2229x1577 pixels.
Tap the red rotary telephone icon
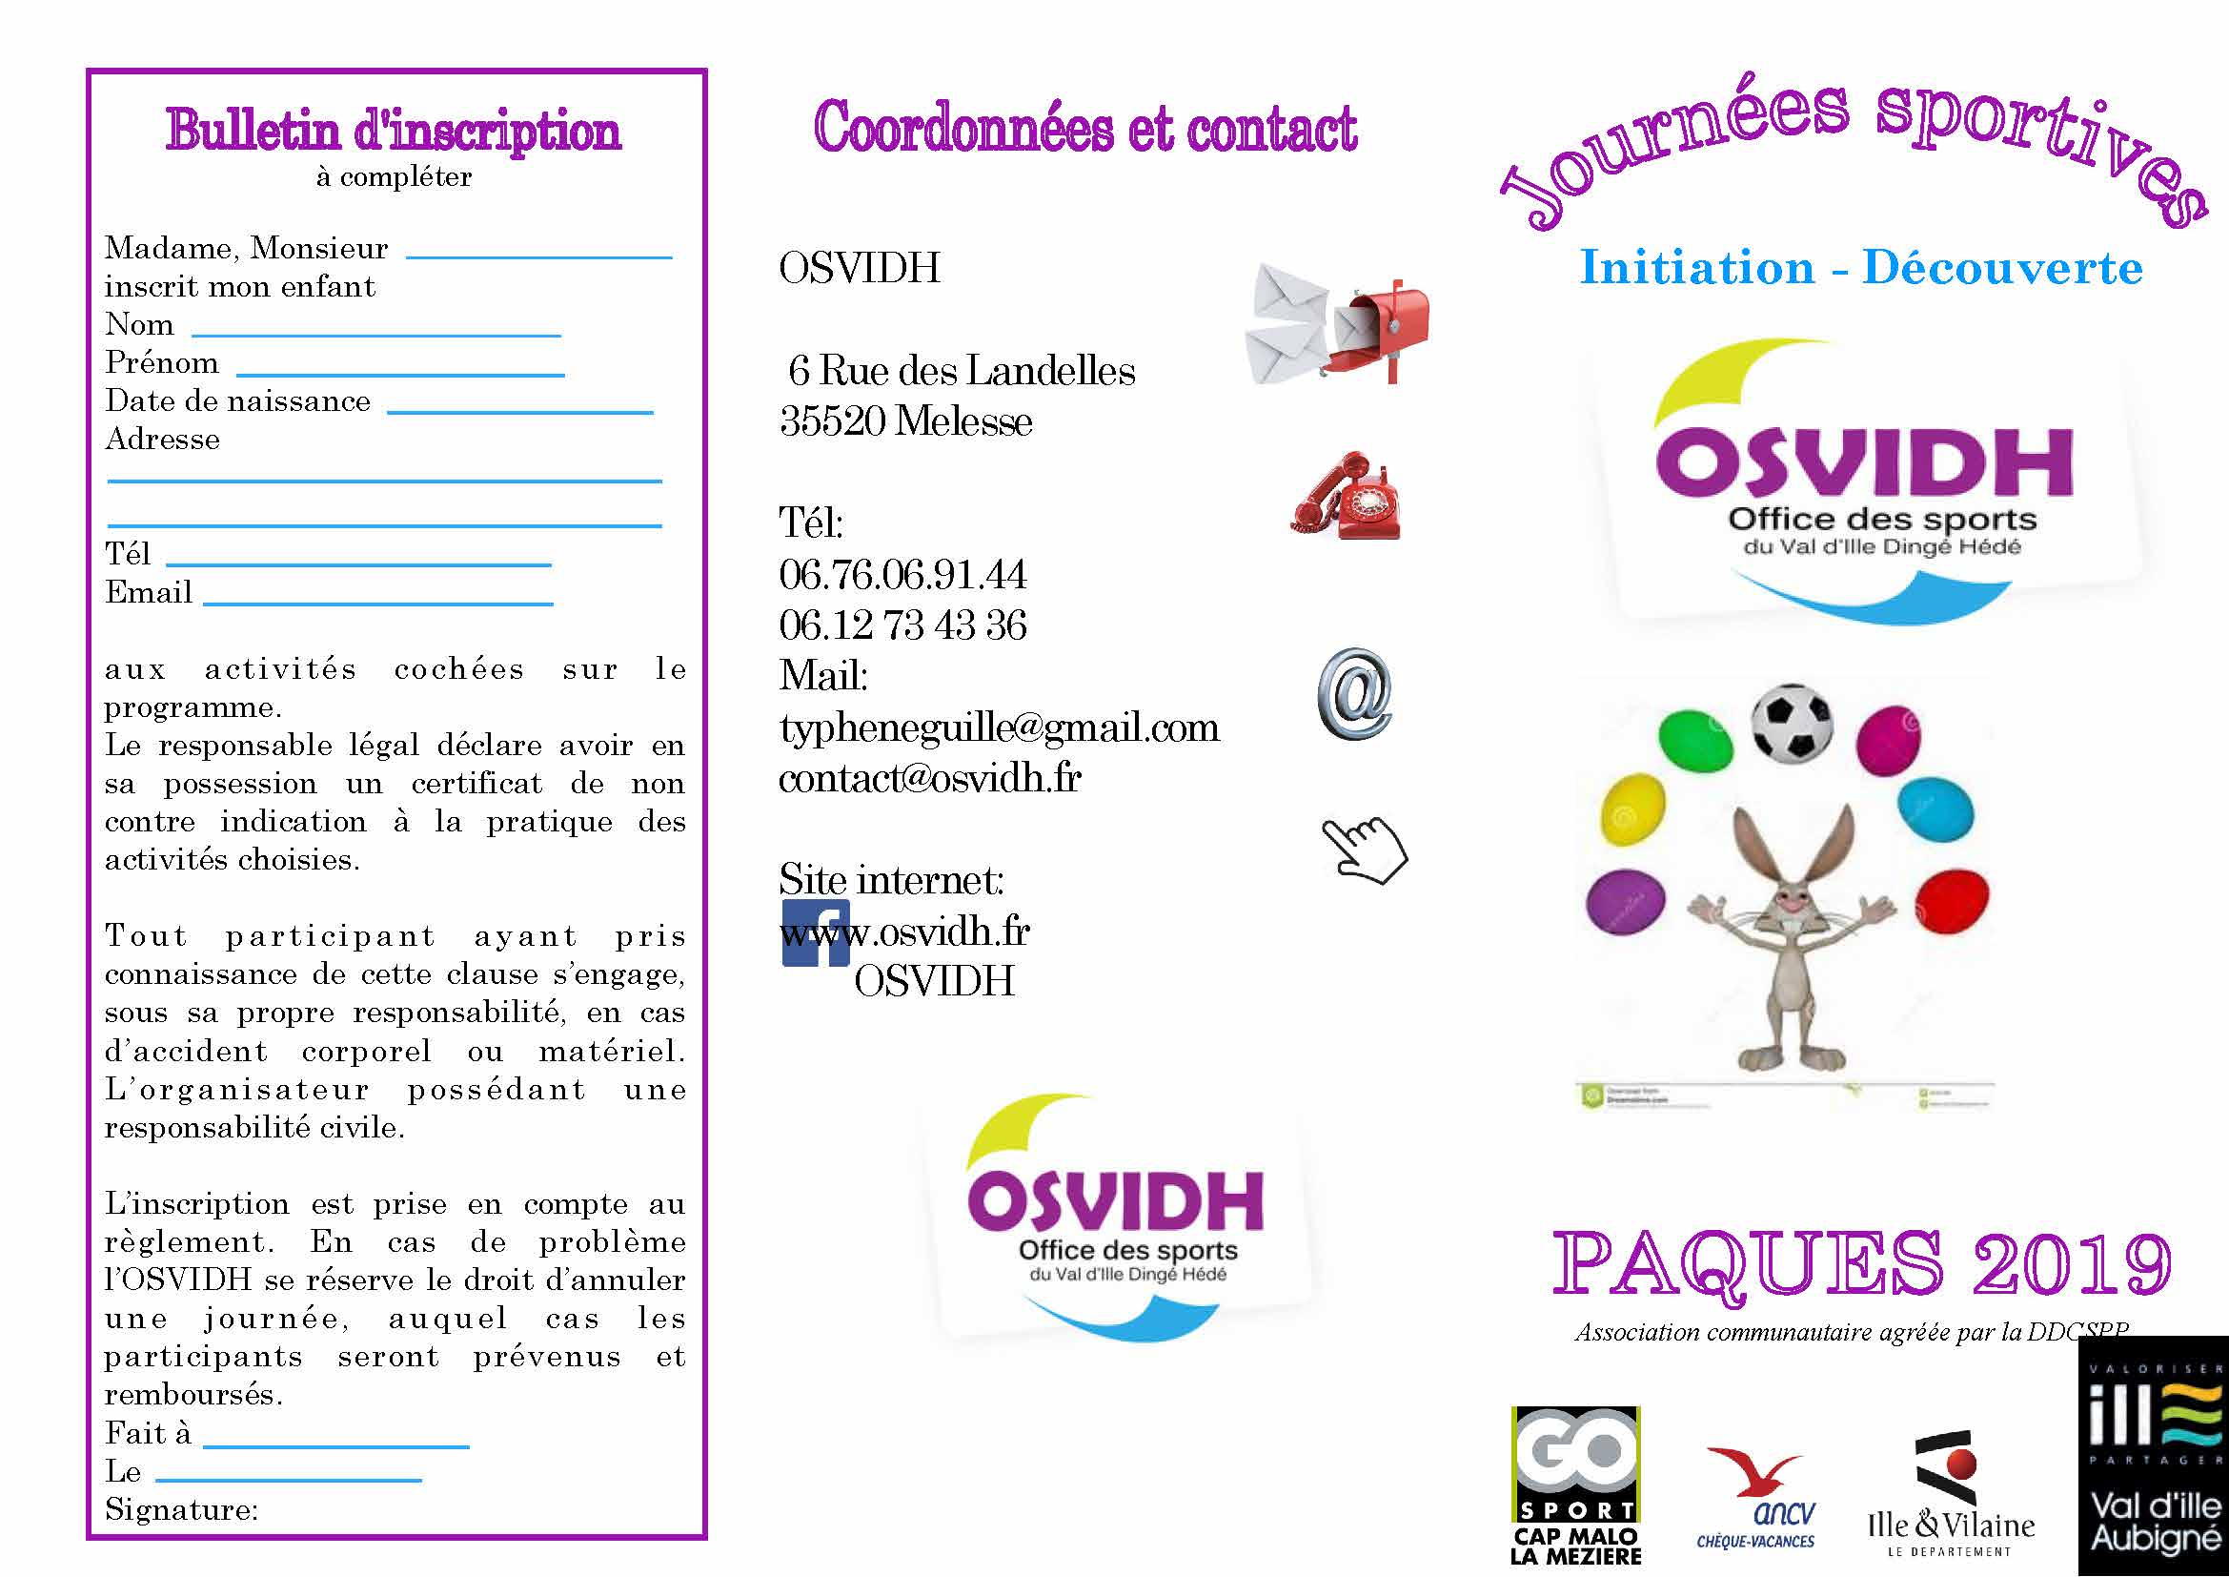[1347, 496]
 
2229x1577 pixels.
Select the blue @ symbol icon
[1354, 694]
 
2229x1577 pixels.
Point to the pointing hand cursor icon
[1364, 850]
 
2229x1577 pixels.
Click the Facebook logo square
[816, 932]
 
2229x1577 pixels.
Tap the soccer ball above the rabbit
[1792, 723]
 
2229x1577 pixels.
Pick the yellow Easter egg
[1631, 809]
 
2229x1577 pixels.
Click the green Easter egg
[1695, 740]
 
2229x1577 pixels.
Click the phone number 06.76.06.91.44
[902, 575]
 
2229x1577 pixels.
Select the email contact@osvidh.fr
[929, 779]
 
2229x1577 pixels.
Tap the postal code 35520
[832, 421]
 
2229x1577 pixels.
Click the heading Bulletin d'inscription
[394, 131]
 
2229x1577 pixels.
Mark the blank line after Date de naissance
[519, 412]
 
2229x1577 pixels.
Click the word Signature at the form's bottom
[180, 1510]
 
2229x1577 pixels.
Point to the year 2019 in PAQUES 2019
[2072, 1263]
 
